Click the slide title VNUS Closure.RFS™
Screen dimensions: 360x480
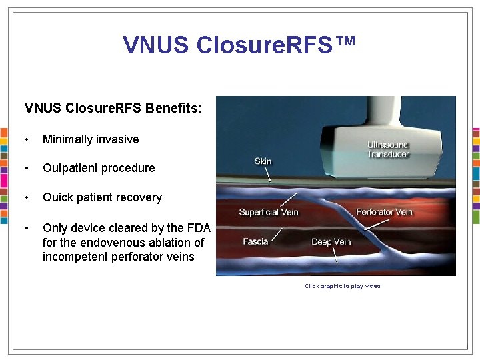239,45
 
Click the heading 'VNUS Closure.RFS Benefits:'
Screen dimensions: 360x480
113,107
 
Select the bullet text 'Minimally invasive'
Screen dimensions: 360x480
91,139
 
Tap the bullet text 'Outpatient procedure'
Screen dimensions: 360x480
99,168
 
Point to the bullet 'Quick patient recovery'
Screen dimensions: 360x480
102,197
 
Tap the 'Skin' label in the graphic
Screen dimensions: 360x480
263,161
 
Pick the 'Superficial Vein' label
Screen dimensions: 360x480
269,213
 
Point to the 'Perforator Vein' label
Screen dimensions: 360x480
384,213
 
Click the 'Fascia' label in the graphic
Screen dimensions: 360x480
255,241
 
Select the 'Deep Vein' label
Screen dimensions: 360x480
331,242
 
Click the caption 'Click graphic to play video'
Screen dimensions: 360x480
342,286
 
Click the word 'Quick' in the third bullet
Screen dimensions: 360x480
57,197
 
